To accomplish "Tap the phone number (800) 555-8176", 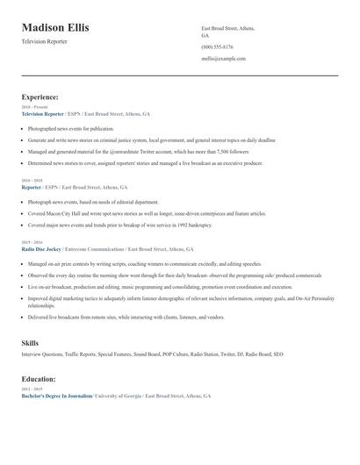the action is (217, 46).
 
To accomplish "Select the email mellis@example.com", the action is (223, 59).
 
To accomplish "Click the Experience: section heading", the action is (40, 97).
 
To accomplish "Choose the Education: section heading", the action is (39, 379).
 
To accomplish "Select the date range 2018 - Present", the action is (32, 108).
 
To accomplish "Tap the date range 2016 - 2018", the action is (31, 181).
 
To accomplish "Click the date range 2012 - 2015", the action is (31, 390).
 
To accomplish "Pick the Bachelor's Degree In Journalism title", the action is (56, 397).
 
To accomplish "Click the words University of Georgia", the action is (117, 397).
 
